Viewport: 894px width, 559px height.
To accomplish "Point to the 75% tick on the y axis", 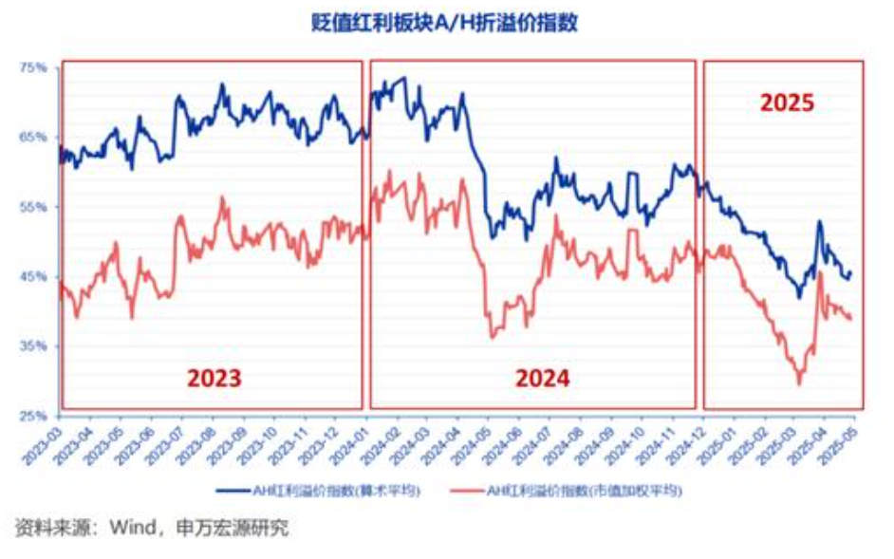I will (34, 67).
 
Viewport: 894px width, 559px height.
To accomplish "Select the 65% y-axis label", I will (34, 137).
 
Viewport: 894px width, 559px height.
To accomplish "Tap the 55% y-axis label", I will (34, 207).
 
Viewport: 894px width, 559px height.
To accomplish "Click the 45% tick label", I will (34, 276).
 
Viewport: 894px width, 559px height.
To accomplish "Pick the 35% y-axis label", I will (34, 346).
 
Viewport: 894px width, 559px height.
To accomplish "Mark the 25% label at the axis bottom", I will (34, 416).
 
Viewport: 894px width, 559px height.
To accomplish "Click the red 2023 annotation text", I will (214, 379).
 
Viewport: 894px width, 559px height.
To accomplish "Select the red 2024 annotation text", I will (543, 379).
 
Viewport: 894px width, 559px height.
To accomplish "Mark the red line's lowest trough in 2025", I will (799, 382).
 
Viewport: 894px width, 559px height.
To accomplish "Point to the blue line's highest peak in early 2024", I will (405, 79).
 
